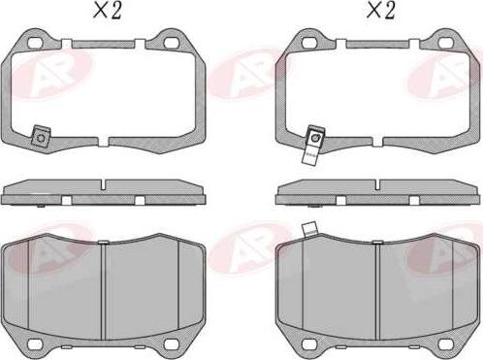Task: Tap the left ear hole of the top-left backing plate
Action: tap(33, 45)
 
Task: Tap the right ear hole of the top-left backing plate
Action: tap(174, 45)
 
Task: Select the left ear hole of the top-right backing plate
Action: tap(306, 45)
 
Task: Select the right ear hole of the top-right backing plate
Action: tap(445, 45)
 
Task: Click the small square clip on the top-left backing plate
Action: tap(40, 138)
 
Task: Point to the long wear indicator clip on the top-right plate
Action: tap(313, 143)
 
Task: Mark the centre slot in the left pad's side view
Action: tap(104, 184)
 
